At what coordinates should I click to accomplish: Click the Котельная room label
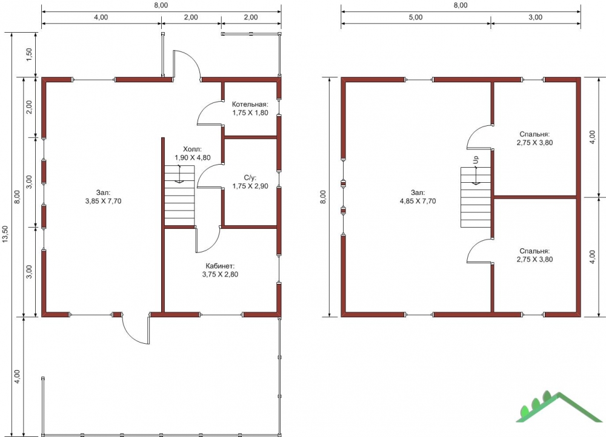point(250,108)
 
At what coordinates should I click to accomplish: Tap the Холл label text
point(193,149)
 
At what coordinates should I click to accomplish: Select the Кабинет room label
point(220,270)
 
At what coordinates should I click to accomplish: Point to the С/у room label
point(250,182)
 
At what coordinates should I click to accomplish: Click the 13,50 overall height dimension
point(5,234)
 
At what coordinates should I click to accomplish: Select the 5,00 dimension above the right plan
point(416,18)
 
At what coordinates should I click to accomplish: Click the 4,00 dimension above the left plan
point(101,18)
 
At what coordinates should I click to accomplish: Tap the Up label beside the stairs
point(476,159)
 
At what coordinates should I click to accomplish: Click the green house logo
point(559,407)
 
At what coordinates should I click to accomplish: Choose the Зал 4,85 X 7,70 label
point(418,197)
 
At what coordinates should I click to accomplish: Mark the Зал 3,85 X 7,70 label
point(103,197)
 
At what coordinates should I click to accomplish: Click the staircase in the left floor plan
point(179,195)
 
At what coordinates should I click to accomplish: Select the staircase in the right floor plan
point(475,197)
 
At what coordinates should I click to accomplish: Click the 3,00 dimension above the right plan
point(535,18)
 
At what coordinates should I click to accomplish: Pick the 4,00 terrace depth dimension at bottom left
point(16,376)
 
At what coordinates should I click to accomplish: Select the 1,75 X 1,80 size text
point(250,113)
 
